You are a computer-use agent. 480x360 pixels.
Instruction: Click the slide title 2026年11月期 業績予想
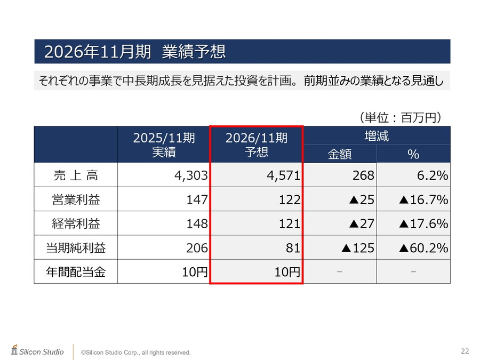click(x=135, y=52)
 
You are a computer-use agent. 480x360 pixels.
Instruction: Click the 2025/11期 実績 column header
click(x=164, y=145)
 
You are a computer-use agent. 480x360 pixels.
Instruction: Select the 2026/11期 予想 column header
click(x=257, y=145)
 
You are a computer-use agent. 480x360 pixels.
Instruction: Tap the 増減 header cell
click(x=377, y=136)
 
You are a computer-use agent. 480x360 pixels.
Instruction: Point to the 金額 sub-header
click(x=340, y=154)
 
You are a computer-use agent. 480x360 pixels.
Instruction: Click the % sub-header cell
click(x=413, y=154)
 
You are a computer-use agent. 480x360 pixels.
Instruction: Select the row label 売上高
click(x=76, y=175)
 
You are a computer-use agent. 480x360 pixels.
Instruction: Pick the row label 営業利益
click(x=76, y=199)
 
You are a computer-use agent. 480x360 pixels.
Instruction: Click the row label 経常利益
click(x=76, y=223)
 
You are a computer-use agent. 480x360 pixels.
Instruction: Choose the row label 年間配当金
click(x=76, y=272)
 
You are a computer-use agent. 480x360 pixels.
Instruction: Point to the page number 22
click(x=465, y=350)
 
